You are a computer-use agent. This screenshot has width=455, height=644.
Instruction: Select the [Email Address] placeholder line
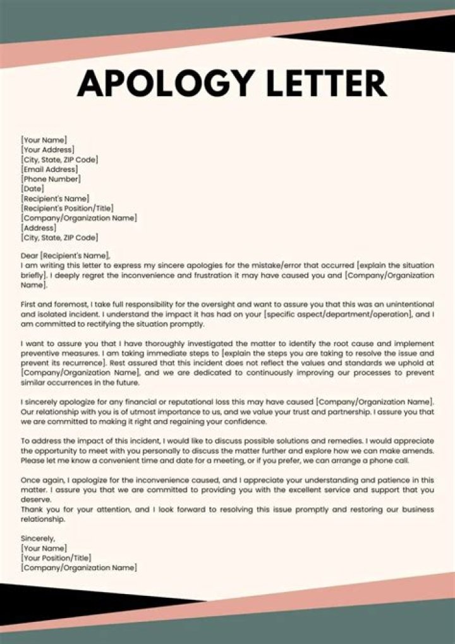coord(50,170)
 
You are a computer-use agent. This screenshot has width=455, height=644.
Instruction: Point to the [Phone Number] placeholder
coord(51,179)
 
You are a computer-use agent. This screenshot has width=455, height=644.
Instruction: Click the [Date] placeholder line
coord(32,189)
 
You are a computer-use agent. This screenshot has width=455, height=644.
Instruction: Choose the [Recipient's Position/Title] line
coord(68,208)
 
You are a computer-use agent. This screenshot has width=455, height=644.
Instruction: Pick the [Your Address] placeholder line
coord(47,150)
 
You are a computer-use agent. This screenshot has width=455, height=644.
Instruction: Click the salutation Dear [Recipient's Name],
coord(65,256)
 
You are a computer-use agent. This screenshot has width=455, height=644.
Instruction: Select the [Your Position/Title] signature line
coord(56,558)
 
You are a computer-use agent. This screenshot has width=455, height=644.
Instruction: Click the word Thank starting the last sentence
coord(32,509)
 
